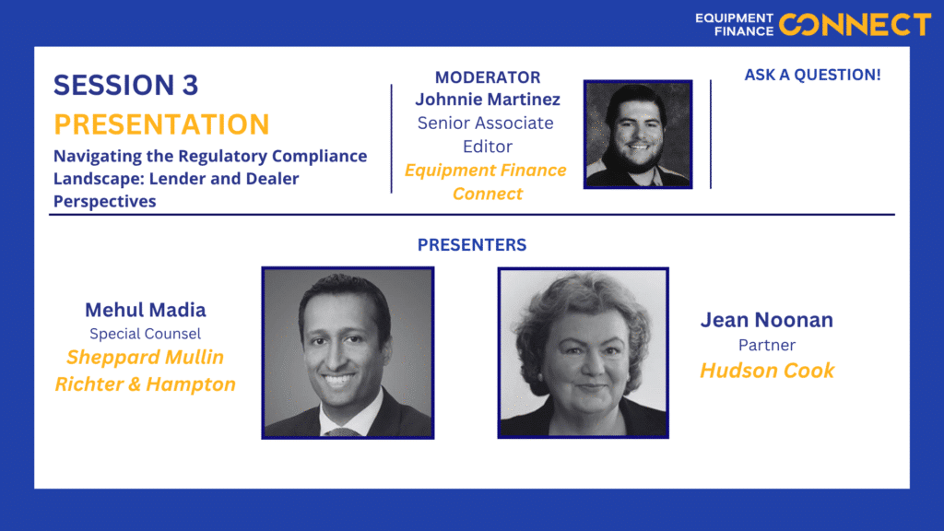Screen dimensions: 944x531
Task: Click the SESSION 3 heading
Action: [125, 85]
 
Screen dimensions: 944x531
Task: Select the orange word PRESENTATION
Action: [161, 124]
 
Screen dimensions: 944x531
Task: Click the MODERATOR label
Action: [488, 77]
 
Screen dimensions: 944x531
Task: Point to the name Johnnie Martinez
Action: [488, 99]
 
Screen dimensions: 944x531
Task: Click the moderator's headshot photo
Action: [638, 135]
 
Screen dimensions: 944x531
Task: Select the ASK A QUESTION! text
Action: [812, 75]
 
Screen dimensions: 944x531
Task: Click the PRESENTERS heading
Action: [472, 244]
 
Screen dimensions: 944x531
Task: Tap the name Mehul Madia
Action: [145, 310]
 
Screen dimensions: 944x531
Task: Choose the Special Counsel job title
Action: [145, 334]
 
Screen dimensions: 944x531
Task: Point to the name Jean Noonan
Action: [766, 320]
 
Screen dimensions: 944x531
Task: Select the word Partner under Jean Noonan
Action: [766, 345]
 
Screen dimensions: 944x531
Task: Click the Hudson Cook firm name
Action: [767, 371]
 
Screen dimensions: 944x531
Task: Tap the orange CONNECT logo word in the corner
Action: [855, 25]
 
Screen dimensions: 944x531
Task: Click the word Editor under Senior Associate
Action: [488, 147]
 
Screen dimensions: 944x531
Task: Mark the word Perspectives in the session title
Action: [105, 201]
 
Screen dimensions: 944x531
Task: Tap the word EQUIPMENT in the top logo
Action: [734, 18]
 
